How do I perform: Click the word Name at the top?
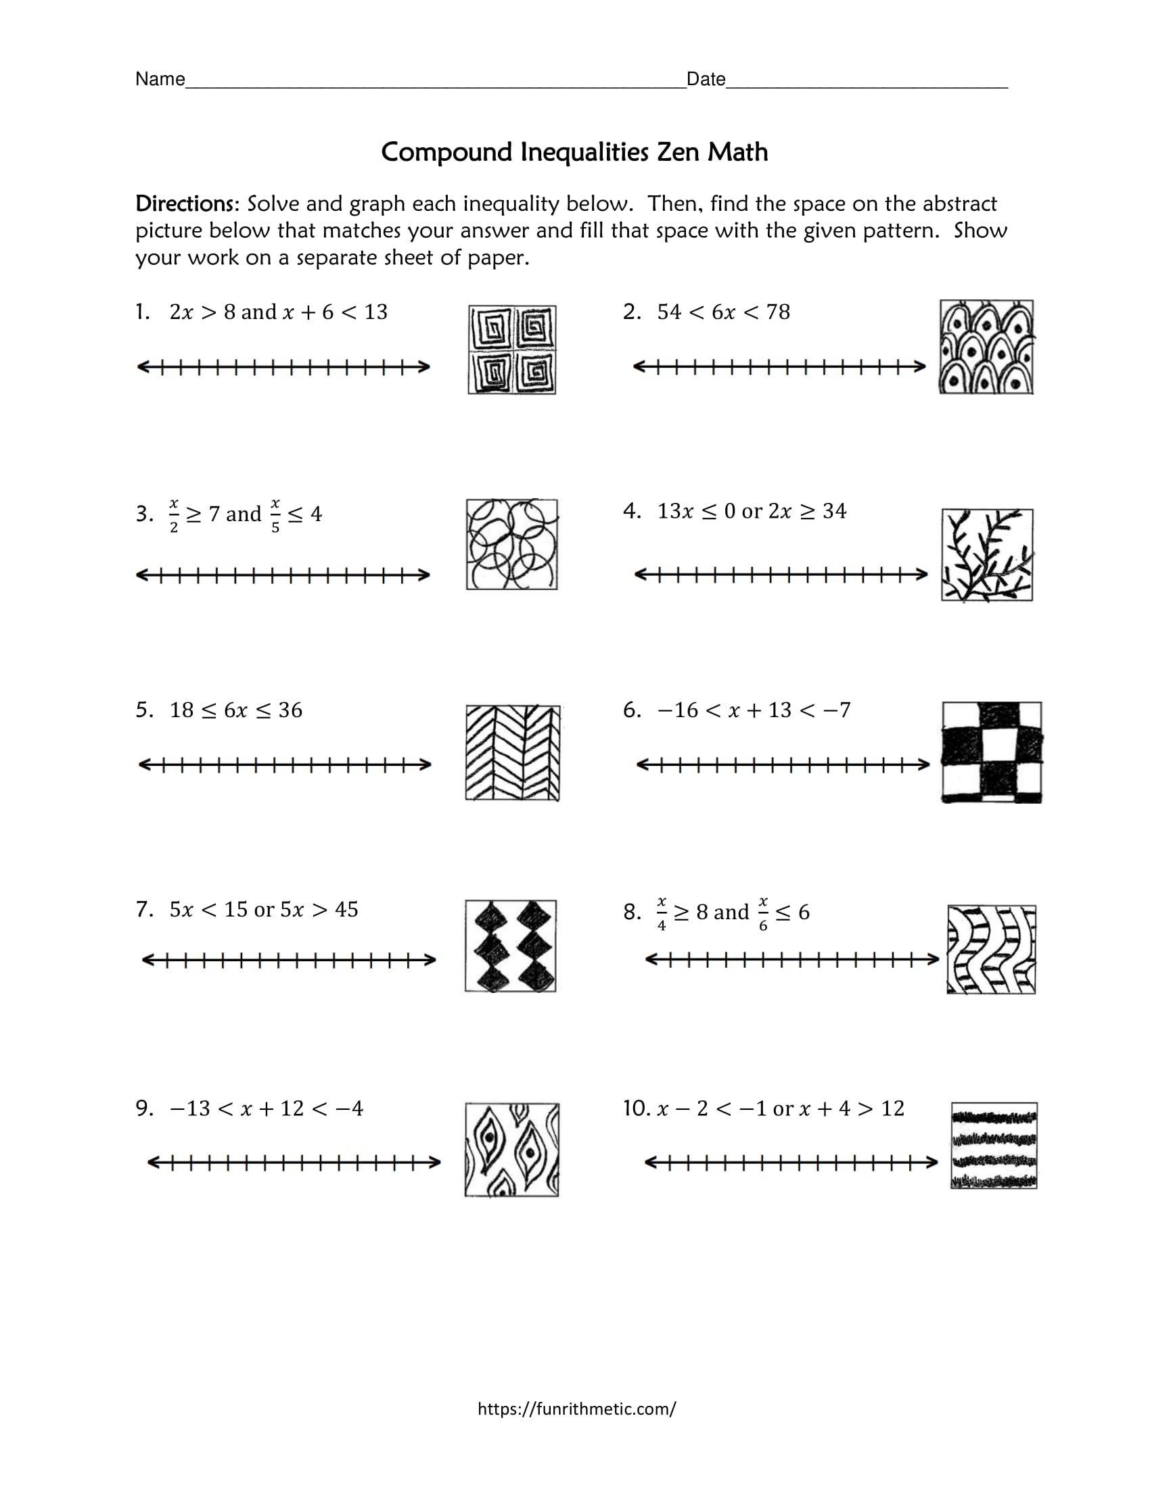[x=160, y=79]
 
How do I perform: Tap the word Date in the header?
[x=706, y=80]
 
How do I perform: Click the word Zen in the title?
[x=678, y=152]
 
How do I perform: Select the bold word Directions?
[x=185, y=203]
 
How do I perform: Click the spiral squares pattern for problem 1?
[x=511, y=350]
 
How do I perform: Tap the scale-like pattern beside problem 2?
[x=986, y=347]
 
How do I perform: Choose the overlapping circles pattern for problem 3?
[x=511, y=545]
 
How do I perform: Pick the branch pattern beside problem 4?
[x=986, y=555]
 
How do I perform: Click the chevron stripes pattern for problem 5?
[x=512, y=752]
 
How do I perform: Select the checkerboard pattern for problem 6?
[x=992, y=752]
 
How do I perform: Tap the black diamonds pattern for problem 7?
[x=511, y=946]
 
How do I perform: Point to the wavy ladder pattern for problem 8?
[x=991, y=949]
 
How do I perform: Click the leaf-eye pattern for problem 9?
[x=511, y=1150]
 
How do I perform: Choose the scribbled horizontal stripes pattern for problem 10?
[x=994, y=1146]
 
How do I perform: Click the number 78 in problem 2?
[x=777, y=312]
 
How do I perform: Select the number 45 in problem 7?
[x=346, y=909]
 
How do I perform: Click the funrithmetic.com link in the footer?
[x=576, y=1409]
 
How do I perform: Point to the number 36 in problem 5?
[x=290, y=710]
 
